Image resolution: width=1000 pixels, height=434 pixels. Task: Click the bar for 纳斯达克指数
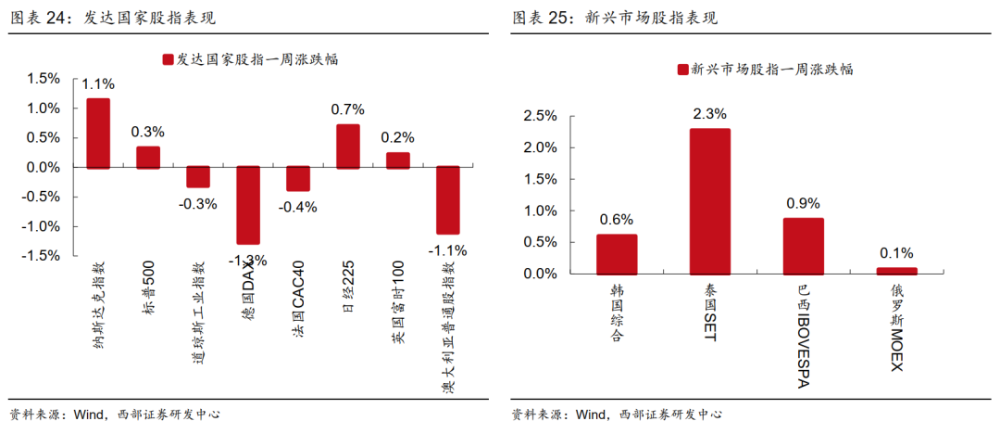tap(98, 134)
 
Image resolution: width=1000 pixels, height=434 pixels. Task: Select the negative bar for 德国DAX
tap(248, 205)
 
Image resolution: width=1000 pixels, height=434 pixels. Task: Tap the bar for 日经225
tap(348, 147)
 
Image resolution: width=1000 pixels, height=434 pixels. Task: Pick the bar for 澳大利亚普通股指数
tap(448, 200)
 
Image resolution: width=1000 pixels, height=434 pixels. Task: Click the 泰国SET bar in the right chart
tap(709, 201)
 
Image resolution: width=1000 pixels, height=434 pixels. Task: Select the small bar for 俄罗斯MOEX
tap(896, 271)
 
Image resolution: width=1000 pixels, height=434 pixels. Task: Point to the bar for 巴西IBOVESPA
tap(803, 246)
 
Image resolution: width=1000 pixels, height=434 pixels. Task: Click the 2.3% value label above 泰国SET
tap(709, 114)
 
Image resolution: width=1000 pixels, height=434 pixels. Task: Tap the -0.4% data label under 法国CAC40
tap(299, 207)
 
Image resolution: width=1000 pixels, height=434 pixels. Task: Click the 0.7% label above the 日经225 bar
tap(348, 109)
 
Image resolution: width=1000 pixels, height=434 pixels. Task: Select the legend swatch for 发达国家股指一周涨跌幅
tap(168, 59)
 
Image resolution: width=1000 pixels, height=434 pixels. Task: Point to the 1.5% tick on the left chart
tap(43, 80)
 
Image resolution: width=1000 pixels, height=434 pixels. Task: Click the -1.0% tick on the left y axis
tap(41, 226)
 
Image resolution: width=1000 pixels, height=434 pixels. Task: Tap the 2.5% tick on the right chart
tap(541, 116)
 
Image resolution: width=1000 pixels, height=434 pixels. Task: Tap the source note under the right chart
tap(616, 415)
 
